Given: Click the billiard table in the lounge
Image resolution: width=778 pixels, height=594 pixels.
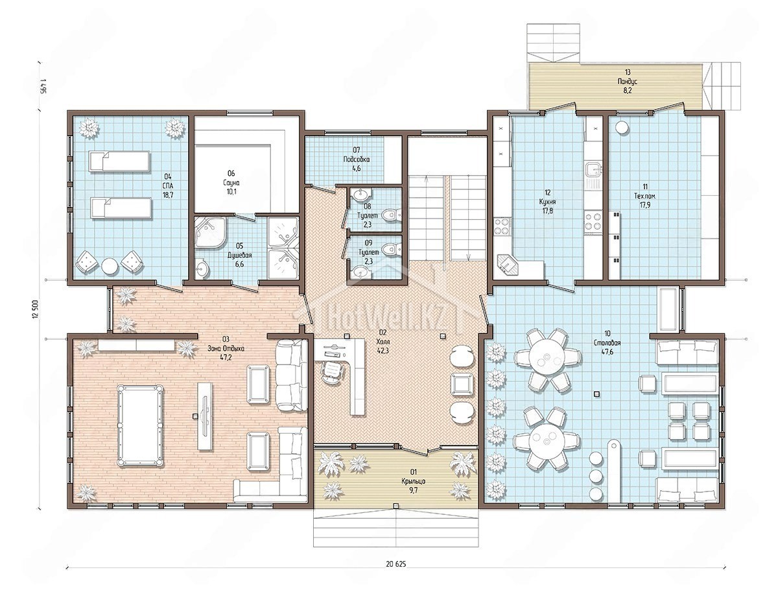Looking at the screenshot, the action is pos(140,425).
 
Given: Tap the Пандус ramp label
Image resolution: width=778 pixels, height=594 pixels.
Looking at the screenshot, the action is pos(628,82).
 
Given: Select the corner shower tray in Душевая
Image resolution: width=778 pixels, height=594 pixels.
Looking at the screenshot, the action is pos(210,232).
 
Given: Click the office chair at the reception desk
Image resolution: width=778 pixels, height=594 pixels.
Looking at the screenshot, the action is pos(332,372).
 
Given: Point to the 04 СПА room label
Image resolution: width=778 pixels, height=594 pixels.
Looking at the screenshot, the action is pos(168,185).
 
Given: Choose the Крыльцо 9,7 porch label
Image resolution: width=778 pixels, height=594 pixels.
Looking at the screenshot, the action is pos(413,481).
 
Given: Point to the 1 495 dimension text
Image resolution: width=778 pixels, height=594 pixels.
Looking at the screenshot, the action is pos(44,86).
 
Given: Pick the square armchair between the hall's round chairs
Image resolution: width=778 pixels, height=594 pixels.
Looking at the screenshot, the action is pos(461,383).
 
